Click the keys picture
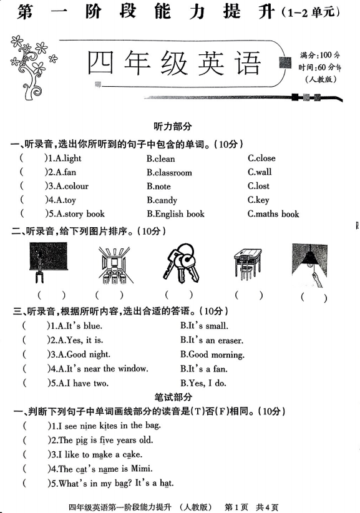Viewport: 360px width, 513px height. (x=181, y=263)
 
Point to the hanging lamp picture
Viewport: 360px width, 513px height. (x=309, y=264)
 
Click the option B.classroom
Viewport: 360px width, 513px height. (x=169, y=172)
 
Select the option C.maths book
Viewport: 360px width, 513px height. (x=273, y=214)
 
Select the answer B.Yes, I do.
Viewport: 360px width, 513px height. (x=203, y=383)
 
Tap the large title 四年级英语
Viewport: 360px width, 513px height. (x=173, y=64)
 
